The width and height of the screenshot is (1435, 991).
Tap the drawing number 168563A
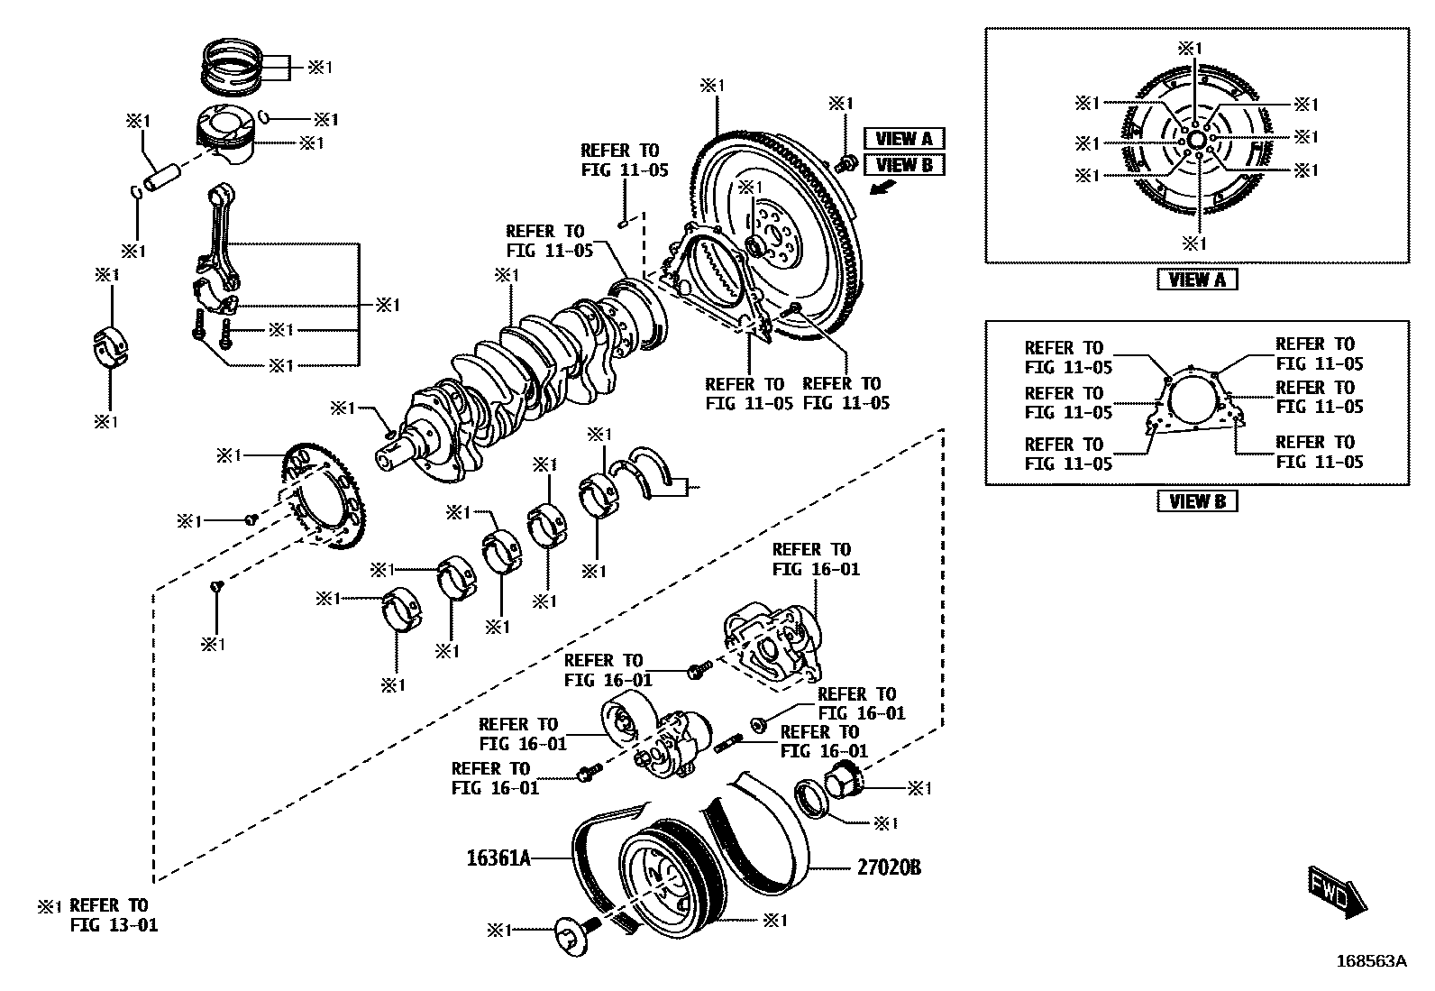[x=1371, y=961]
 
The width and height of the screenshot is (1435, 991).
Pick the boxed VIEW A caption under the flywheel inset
[x=1196, y=280]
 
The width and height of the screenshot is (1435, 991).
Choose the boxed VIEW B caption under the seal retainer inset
[x=1196, y=501]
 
